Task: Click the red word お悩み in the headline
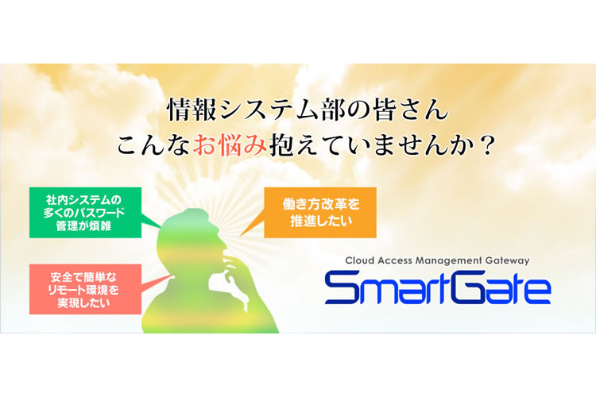click(230, 145)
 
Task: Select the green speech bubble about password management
click(86, 212)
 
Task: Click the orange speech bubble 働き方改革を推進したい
click(320, 212)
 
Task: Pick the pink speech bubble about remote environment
click(86, 289)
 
